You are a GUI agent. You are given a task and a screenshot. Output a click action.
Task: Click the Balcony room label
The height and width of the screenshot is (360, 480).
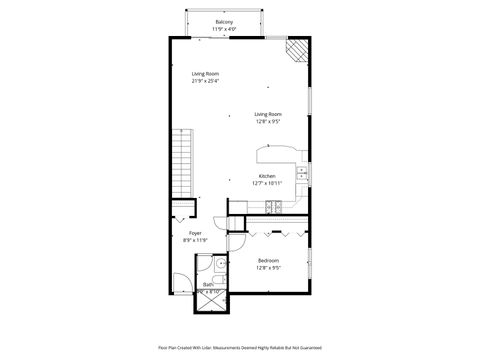225,21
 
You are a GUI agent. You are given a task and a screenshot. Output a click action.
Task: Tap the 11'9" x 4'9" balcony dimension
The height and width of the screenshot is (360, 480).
225,29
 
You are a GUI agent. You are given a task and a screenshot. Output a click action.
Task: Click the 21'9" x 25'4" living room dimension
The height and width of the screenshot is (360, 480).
206,82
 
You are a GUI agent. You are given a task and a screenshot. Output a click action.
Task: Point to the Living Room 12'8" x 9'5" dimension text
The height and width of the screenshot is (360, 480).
267,122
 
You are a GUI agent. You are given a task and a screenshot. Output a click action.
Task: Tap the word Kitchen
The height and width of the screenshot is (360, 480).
267,176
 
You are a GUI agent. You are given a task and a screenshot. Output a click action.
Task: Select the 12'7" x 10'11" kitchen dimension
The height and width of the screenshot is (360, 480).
267,184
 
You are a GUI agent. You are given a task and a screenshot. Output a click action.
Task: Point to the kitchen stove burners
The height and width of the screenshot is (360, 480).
272,206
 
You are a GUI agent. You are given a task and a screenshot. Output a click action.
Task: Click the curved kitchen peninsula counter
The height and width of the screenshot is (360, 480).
274,154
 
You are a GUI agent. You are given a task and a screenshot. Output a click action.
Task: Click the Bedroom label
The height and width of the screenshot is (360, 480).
268,260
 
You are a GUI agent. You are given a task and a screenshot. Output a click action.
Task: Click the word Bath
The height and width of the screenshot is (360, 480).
208,285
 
